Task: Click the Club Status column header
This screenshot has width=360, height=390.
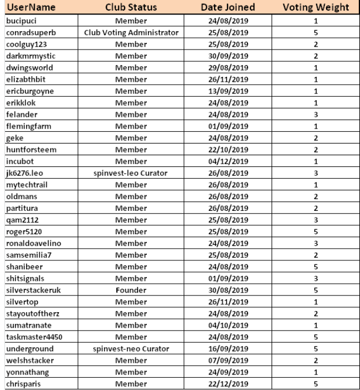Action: (x=130, y=8)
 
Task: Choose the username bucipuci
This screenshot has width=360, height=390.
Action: (x=20, y=21)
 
